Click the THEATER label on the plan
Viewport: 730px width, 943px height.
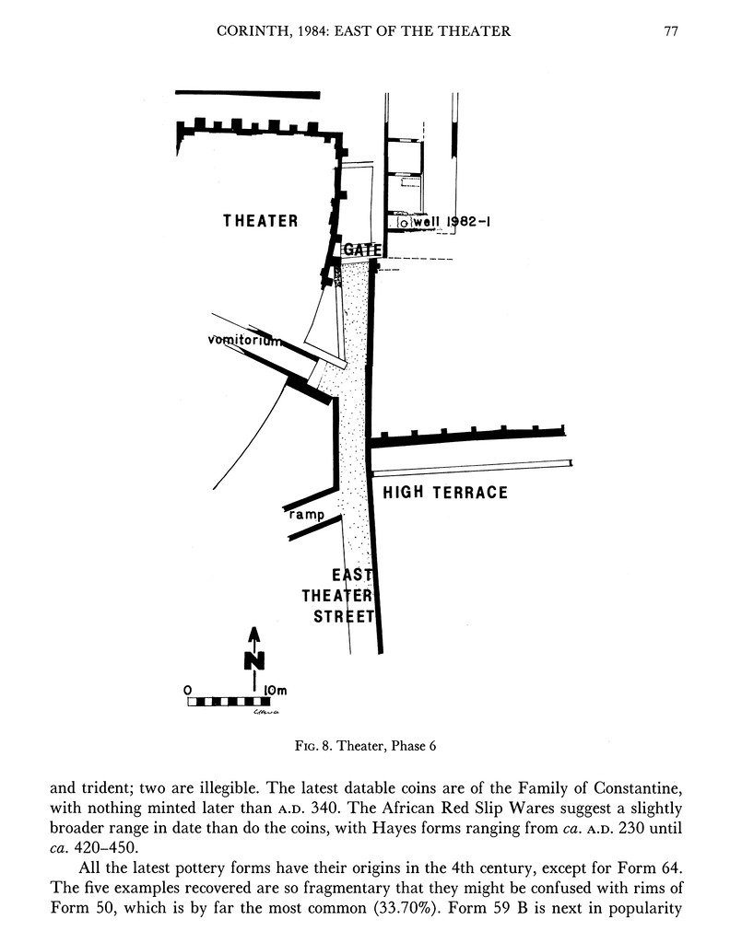(x=261, y=221)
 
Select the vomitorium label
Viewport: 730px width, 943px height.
(x=242, y=341)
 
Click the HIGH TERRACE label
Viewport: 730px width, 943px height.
(x=445, y=493)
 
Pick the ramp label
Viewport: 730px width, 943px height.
(x=307, y=515)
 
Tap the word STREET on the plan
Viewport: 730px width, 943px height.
(x=343, y=616)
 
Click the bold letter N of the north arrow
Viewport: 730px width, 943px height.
(x=254, y=660)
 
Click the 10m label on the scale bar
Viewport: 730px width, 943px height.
(x=275, y=690)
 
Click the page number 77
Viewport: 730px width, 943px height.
(x=671, y=31)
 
